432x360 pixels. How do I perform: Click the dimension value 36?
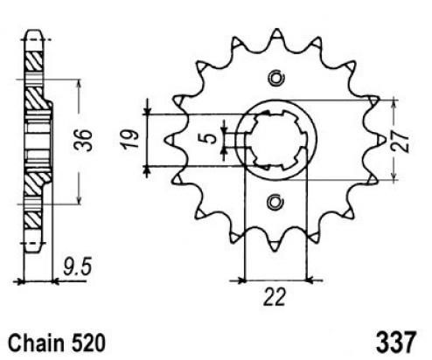pos(83,140)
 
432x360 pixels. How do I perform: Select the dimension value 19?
pos(130,140)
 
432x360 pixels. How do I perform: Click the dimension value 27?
pos(400,141)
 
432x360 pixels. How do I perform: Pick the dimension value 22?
pos(274,297)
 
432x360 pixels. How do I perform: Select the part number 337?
pos(395,342)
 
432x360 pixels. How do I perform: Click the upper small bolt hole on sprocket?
pos(275,78)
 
